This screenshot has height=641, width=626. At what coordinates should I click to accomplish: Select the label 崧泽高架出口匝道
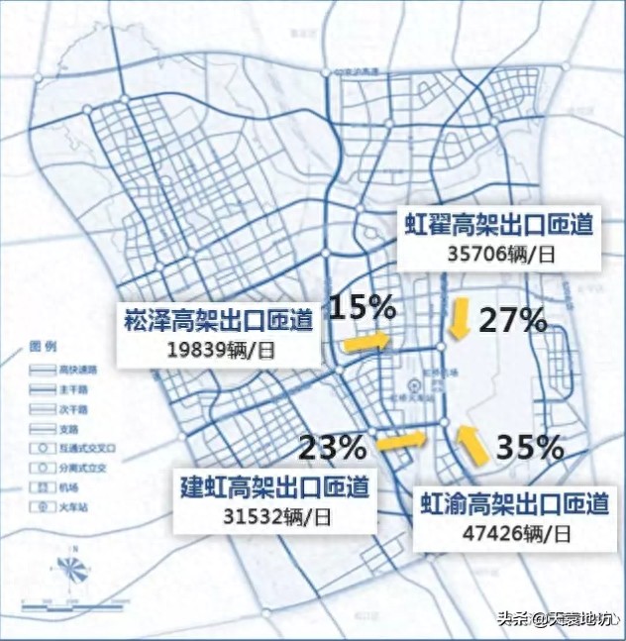pyautogui.click(x=219, y=319)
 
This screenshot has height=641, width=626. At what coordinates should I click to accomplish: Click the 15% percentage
pyautogui.click(x=363, y=307)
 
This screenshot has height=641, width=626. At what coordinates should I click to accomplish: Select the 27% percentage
pyautogui.click(x=513, y=320)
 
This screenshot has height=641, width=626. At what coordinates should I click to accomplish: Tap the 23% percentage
pyautogui.click(x=333, y=447)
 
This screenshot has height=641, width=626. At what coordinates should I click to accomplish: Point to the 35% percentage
pyautogui.click(x=529, y=446)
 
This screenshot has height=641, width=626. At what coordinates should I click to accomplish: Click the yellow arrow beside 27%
pyautogui.click(x=460, y=320)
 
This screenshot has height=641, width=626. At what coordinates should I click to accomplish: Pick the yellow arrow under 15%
pyautogui.click(x=365, y=341)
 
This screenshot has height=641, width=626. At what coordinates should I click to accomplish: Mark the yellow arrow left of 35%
pyautogui.click(x=473, y=445)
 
